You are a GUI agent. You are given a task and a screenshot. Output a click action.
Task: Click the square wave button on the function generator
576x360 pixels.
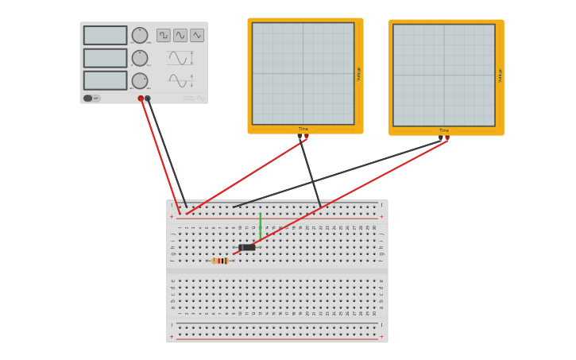click(x=164, y=35)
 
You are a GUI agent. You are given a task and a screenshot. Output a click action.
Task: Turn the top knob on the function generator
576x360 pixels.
click(x=140, y=35)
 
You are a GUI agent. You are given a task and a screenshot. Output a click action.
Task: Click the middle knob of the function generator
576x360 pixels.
click(x=140, y=58)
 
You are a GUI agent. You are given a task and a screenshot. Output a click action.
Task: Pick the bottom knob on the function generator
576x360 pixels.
click(x=140, y=80)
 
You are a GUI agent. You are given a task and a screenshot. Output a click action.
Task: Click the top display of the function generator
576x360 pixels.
click(x=105, y=35)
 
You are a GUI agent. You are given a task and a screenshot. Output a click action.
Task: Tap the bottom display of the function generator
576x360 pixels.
click(x=105, y=80)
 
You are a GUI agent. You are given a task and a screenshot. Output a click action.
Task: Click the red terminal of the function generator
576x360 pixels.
click(x=141, y=99)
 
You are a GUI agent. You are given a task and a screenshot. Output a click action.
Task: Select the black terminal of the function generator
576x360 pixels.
click(x=148, y=99)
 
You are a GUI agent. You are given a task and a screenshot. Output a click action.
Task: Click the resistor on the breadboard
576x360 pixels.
click(x=220, y=261)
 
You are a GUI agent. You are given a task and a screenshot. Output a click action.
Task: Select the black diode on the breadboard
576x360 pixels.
click(x=247, y=247)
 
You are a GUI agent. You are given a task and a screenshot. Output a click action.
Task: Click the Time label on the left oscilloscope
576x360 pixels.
click(x=303, y=129)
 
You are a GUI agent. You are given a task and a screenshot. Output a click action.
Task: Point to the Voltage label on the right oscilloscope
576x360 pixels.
click(x=500, y=75)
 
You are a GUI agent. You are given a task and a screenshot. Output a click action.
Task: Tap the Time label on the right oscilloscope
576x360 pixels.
click(x=444, y=130)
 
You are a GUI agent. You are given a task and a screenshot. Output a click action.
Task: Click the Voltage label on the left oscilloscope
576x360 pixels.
click(x=359, y=73)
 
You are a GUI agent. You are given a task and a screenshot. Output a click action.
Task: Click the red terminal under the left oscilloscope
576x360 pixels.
click(x=307, y=137)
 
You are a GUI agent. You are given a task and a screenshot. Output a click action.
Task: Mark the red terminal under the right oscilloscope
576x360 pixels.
click(x=447, y=138)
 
